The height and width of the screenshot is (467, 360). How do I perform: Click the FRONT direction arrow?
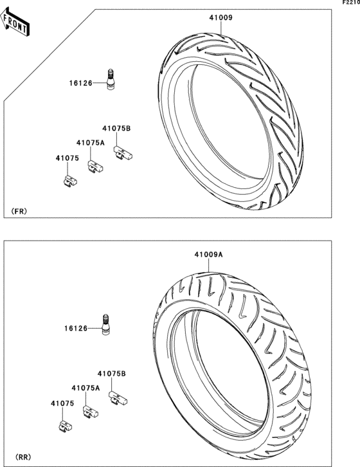pyautogui.click(x=14, y=22)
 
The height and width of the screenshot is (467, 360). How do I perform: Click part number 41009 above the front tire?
pyautogui.click(x=221, y=18)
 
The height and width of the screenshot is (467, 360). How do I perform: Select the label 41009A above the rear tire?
pyautogui.click(x=209, y=255)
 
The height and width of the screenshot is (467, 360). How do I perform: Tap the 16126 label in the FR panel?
pyautogui.click(x=81, y=84)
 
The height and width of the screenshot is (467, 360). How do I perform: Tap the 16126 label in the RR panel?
pyautogui.click(x=76, y=329)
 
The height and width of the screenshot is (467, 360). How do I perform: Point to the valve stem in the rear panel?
pyautogui.click(x=105, y=324)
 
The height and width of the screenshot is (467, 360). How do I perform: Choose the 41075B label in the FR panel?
pyautogui.click(x=116, y=129)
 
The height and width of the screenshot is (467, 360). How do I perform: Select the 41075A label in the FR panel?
pyautogui.click(x=91, y=143)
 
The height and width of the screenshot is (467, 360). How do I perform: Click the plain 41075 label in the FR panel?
pyautogui.click(x=67, y=158)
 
